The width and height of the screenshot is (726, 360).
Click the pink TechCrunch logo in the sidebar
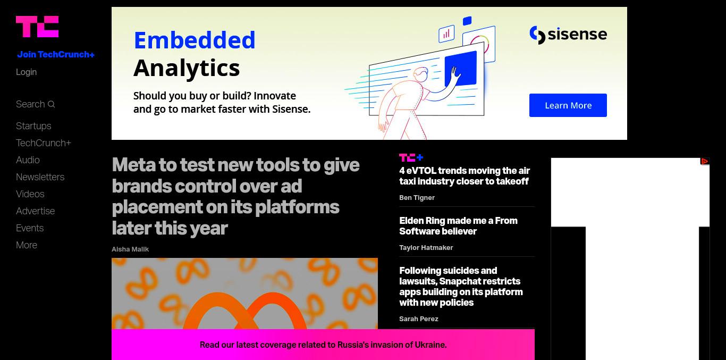pos(37,27)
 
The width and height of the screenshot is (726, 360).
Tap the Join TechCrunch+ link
pos(56,54)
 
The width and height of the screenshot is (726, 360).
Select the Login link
pos(26,72)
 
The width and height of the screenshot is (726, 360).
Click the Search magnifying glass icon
pos(51,104)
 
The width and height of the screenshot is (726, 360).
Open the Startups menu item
pos(33,126)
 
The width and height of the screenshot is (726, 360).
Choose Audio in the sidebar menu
pos(28,160)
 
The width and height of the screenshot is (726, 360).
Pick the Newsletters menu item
pos(40,177)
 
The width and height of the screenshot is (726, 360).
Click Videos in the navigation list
pos(30,194)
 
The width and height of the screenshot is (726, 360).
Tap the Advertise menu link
pos(35,211)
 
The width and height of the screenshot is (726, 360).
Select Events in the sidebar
pos(30,228)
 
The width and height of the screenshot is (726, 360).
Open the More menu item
pos(27,245)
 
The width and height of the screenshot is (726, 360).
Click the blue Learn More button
pos(568,105)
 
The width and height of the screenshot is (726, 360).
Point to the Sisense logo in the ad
pos(568,35)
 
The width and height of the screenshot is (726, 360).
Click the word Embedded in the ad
pos(195,40)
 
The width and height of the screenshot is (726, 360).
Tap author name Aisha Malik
pos(130,249)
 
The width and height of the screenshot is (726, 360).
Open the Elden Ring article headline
pos(458,226)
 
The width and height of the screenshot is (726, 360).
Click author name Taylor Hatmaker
pos(426,248)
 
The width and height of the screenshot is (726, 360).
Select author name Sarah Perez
pos(419,319)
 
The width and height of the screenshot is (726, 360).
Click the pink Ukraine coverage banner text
pos(323,345)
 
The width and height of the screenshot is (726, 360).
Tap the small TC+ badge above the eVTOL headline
pos(411,157)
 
